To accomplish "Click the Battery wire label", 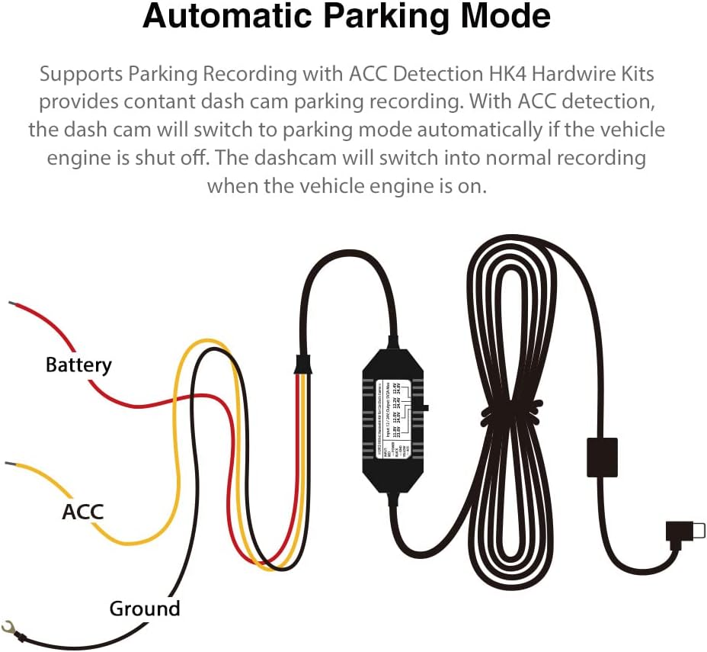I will (x=78, y=365).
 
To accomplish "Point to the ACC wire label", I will (x=82, y=511).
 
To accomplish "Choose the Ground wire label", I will (x=145, y=609).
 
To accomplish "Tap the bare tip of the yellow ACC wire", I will (x=10, y=463).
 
